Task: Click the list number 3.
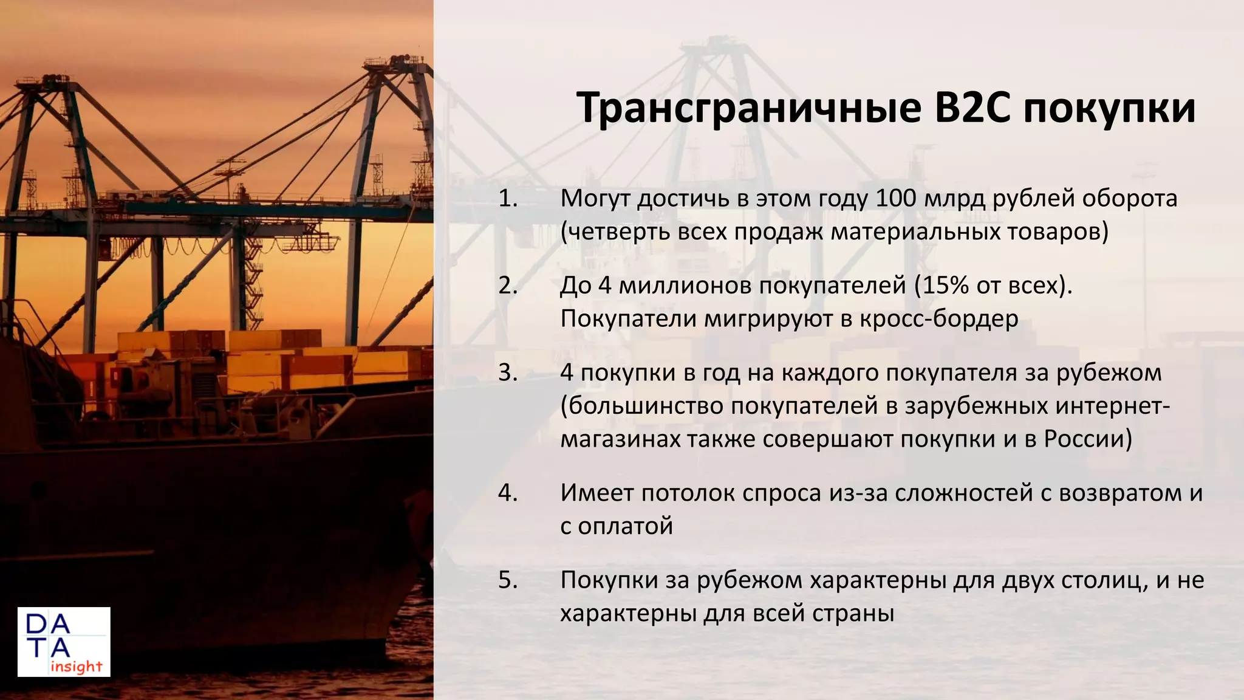point(507,372)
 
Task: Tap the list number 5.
point(507,580)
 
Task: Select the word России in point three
point(1084,439)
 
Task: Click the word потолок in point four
point(680,493)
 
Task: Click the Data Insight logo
point(64,642)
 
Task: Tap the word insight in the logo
point(77,667)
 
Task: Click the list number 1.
point(507,198)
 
